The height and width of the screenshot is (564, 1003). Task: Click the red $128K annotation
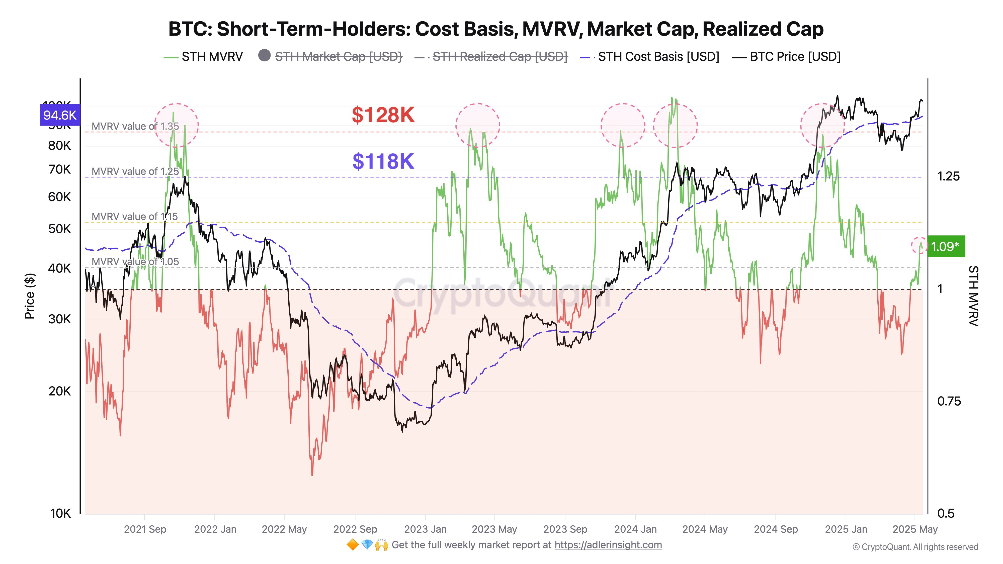(x=383, y=115)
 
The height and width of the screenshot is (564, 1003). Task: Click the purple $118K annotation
(x=383, y=161)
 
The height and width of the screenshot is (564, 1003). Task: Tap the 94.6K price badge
(x=60, y=115)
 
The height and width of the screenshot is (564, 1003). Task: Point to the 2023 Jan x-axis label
(x=425, y=529)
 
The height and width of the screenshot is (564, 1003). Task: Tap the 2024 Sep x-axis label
(x=776, y=529)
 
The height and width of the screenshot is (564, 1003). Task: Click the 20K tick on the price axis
(x=60, y=391)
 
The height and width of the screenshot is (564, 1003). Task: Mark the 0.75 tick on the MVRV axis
(x=949, y=401)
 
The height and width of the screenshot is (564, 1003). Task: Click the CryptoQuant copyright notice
(x=915, y=547)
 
